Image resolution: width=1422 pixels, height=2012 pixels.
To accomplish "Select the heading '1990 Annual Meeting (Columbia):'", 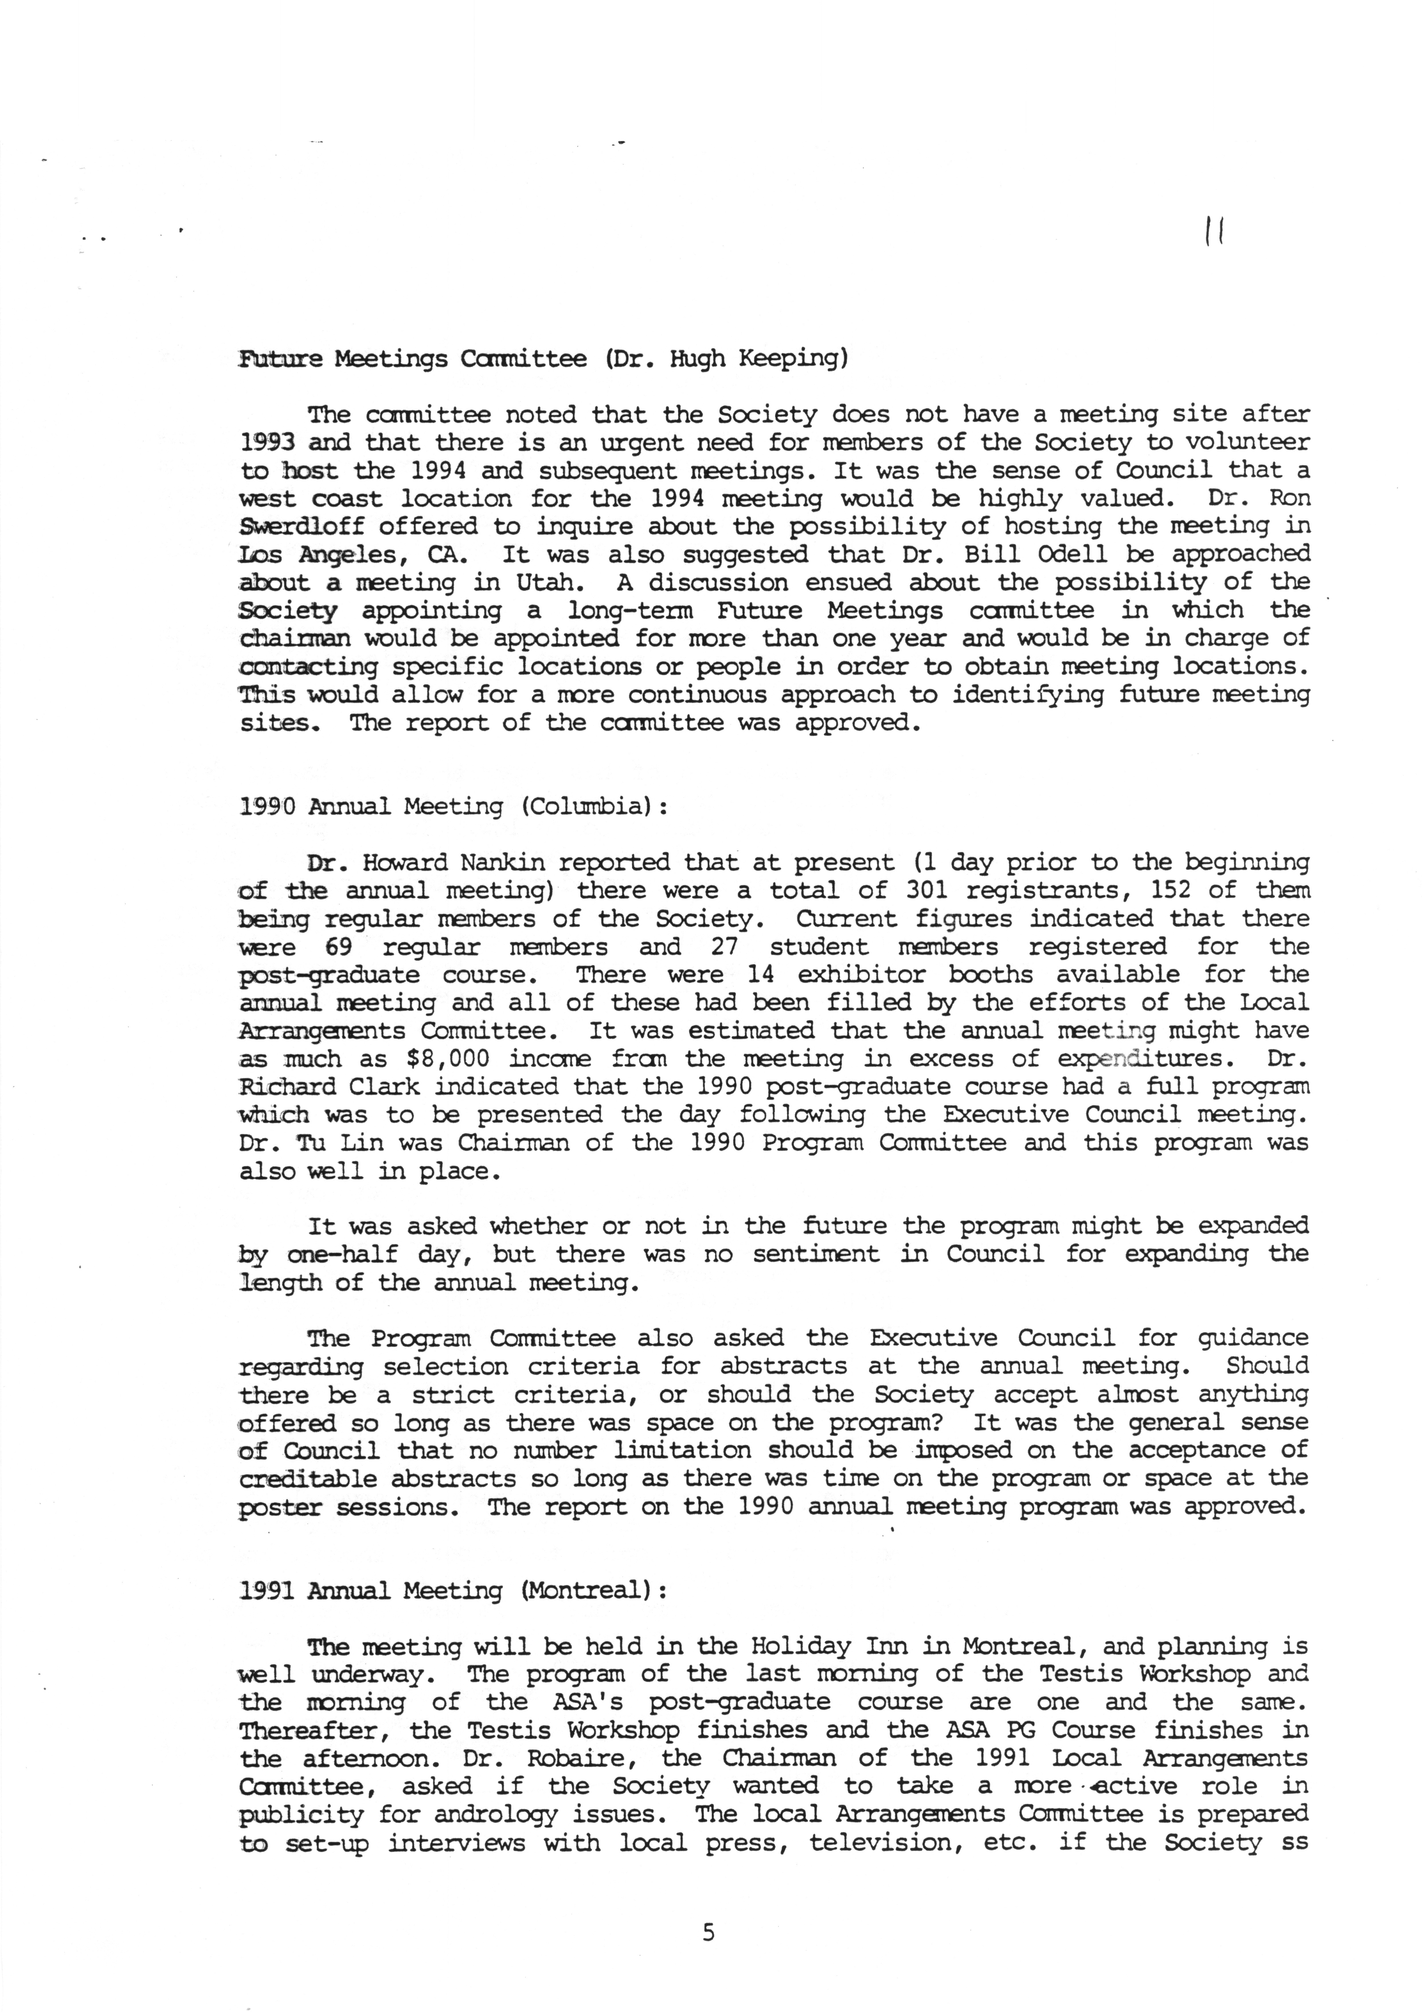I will click(453, 806).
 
